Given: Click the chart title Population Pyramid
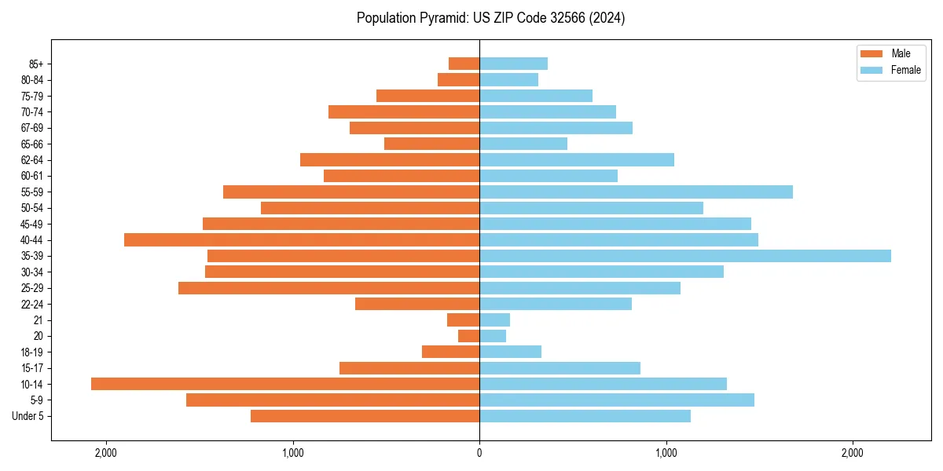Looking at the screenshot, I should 490,18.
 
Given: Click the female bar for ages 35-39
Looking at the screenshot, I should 684,256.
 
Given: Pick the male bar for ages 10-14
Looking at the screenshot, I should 285,384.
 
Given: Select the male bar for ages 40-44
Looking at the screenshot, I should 302,239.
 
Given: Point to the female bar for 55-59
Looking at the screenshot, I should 636,192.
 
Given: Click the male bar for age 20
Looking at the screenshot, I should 469,336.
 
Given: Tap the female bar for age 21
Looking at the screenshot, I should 494,319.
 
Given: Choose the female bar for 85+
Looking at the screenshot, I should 513,64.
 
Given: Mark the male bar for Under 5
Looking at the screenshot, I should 365,416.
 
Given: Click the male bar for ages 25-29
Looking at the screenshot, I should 328,288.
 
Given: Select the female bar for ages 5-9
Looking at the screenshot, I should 617,400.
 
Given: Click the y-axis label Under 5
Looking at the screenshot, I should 28,416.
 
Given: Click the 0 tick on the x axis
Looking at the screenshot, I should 479,453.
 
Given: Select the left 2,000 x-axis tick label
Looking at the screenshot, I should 106,453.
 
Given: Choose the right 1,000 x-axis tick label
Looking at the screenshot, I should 666,453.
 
